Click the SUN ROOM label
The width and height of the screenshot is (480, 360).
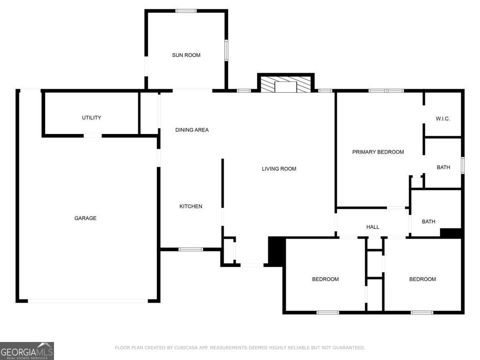186,55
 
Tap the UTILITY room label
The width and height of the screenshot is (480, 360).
92,118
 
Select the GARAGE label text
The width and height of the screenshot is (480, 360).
85,218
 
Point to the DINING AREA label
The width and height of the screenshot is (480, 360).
192,130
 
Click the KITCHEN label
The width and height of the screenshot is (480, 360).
191,206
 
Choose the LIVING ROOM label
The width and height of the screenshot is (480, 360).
279,169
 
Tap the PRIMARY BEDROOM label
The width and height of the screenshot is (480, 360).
378,152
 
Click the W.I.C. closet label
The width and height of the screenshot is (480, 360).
443,119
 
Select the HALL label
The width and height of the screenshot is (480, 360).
373,227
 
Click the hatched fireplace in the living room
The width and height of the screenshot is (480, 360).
286,85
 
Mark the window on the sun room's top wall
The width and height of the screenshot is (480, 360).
186,11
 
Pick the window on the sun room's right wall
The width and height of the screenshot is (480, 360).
226,50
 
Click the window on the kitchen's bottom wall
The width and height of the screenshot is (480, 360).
190,250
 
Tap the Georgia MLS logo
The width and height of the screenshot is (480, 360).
27,351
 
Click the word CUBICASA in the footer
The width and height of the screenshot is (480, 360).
186,348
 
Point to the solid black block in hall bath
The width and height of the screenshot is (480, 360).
451,233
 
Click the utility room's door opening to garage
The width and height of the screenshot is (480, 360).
92,136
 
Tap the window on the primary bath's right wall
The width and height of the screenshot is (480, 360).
462,166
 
